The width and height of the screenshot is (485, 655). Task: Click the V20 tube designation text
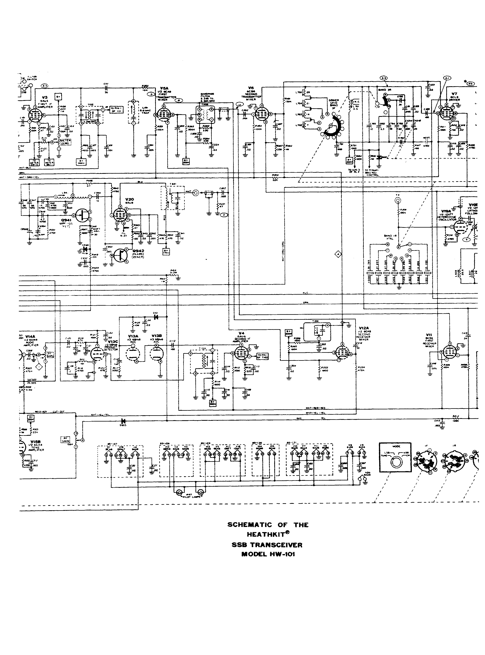click(129, 199)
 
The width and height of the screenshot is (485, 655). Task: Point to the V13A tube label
click(133, 336)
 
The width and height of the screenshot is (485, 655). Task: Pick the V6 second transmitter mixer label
click(251, 88)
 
